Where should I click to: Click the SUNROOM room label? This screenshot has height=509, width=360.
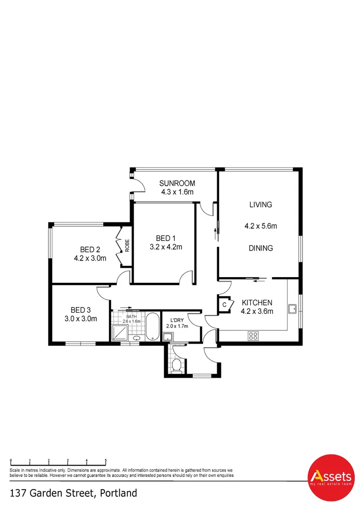click(177, 183)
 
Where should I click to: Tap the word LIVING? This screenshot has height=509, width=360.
click(261, 205)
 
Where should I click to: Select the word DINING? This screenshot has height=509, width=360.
click(261, 248)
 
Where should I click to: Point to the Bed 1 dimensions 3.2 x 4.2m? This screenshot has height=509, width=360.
click(166, 246)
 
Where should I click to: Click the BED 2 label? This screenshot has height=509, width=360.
click(90, 249)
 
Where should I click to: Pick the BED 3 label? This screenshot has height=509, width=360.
click(81, 310)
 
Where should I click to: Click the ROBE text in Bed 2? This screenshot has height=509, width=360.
click(127, 245)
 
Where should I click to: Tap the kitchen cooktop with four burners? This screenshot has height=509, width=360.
click(253, 336)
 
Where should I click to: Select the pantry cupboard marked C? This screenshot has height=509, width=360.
click(225, 304)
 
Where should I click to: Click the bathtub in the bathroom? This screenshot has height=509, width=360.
click(152, 327)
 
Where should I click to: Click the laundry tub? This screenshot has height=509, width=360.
click(167, 337)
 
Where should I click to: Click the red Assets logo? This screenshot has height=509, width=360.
click(330, 477)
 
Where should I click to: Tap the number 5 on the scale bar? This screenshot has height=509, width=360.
click(106, 460)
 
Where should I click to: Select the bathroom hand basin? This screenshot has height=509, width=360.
click(137, 338)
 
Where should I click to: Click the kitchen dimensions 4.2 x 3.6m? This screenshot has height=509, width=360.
click(257, 311)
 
